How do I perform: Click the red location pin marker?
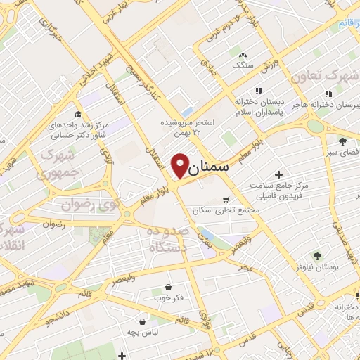180,165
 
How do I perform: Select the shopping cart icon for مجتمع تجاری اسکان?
225,199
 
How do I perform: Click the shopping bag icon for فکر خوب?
169,286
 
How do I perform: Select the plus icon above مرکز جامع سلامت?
279,174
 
